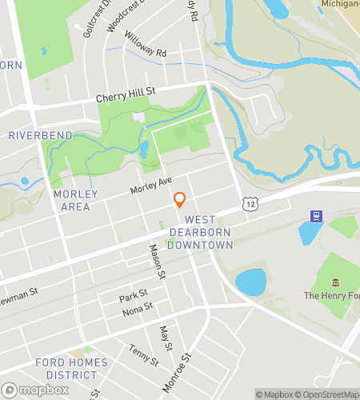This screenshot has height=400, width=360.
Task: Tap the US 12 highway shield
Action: [x=251, y=205]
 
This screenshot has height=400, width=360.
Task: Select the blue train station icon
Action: [x=317, y=217]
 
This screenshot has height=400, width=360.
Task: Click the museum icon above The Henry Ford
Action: [x=334, y=283]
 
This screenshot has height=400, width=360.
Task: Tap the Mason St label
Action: [x=157, y=262]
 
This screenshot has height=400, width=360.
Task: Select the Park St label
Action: [x=134, y=295]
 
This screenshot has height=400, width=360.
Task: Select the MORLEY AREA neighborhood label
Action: [x=76, y=200]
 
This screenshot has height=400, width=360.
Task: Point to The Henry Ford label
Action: [x=331, y=296]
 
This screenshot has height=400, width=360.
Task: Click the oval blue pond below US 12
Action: [x=250, y=282]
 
